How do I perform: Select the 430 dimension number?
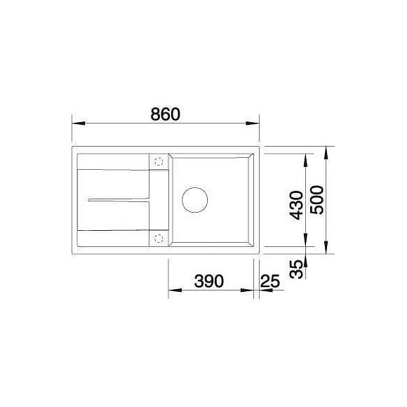[296, 205]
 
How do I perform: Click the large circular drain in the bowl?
[195, 199]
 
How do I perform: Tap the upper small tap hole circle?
[158, 160]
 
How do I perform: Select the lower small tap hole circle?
[158, 237]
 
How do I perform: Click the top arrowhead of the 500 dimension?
[328, 152]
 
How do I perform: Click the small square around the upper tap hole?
[158, 160]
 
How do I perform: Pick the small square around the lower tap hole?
[158, 237]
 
